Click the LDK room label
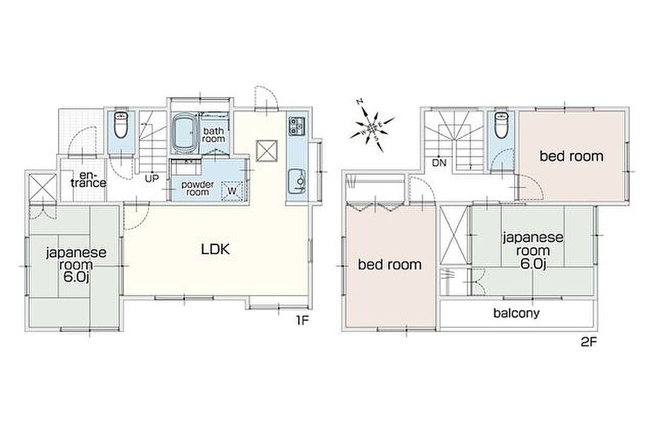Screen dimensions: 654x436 click(215, 249)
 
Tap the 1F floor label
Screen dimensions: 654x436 click(301, 320)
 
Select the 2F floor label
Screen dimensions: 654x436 click(589, 342)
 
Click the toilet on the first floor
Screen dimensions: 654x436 click(121, 124)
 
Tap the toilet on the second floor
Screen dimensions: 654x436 click(500, 124)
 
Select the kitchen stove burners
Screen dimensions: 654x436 click(297, 125)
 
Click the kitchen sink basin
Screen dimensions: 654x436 click(297, 181)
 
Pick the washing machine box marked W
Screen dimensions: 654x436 click(232, 192)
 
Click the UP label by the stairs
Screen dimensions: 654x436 click(152, 179)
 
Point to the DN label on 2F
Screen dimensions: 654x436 click(439, 163)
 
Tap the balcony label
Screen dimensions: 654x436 click(516, 313)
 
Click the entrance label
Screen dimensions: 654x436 click(88, 179)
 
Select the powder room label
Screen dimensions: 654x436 click(197, 188)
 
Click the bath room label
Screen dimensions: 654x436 click(213, 135)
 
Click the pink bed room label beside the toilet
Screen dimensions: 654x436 click(572, 156)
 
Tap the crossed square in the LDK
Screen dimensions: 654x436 click(266, 150)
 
